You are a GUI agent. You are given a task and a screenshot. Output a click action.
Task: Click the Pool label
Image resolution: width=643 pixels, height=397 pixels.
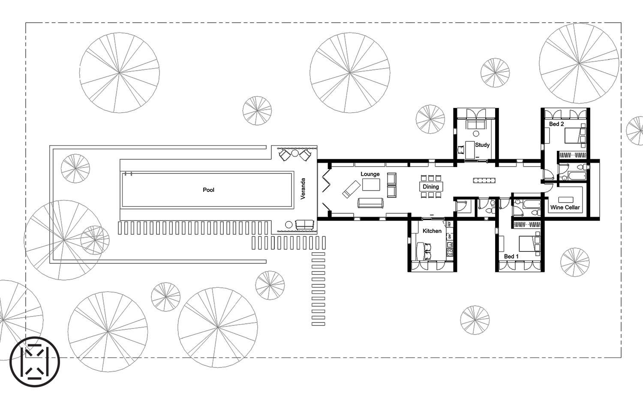coord(208,190)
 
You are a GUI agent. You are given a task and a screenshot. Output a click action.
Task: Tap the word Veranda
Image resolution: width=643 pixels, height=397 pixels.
coord(303,188)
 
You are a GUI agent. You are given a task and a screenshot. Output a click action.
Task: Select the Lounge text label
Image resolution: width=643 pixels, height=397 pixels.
coord(370,174)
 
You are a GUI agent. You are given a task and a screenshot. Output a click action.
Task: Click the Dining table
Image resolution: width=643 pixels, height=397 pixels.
coord(431,187)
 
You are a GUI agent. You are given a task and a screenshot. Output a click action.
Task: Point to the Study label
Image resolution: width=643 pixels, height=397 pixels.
coord(482,145)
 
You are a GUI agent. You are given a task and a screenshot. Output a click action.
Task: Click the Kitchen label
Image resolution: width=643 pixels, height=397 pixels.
coord(432,231)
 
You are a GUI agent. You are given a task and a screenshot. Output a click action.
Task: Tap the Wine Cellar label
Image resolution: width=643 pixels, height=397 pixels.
coord(565,207)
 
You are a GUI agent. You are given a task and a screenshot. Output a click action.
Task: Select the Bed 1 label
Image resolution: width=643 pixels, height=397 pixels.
coord(511,257)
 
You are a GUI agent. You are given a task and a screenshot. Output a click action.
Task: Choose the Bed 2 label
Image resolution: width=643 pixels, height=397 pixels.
coord(556,124)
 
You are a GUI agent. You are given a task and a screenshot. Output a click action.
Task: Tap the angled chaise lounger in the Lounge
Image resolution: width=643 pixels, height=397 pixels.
coord(352,189)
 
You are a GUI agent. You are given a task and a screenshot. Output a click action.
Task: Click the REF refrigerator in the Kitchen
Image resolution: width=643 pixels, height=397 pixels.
coord(450,224)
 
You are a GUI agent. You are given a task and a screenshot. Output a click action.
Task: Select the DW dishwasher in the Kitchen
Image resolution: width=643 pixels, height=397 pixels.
coord(450,236)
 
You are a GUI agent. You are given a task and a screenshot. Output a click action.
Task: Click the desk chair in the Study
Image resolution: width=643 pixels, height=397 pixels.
coord(461,150)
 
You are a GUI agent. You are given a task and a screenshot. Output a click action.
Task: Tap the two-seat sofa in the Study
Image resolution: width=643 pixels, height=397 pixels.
coord(476,125)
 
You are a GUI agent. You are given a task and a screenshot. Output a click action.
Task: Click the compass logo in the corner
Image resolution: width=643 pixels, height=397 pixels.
coord(35,361)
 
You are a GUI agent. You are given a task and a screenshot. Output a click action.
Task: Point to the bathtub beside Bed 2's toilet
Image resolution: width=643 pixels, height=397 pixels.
coord(577,176)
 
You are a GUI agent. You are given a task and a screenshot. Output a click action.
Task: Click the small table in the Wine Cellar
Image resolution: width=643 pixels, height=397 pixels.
coord(565,200)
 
